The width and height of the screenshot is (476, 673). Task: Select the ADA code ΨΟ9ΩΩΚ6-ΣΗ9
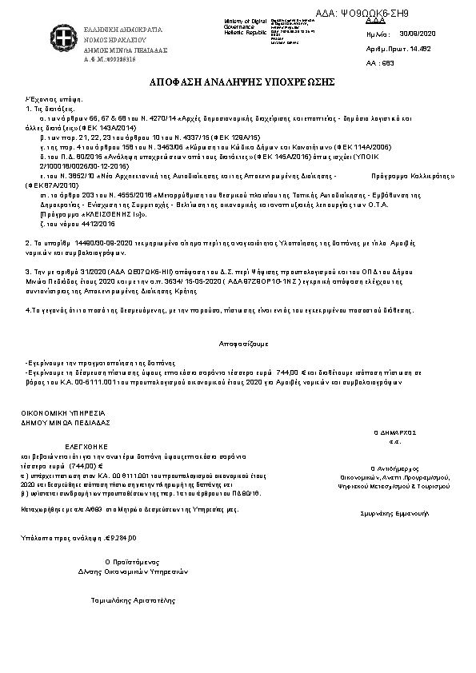(x=376, y=14)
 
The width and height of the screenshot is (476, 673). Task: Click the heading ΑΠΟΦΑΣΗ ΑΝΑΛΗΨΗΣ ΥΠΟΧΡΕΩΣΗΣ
(x=241, y=82)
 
